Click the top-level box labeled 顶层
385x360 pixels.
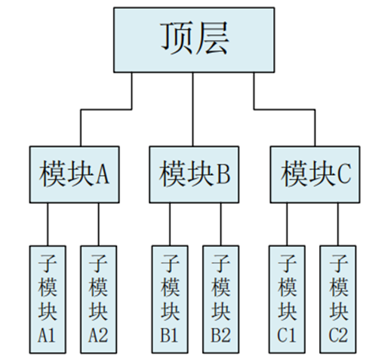point(194,40)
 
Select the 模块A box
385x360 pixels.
point(75,174)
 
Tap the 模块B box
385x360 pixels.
point(194,174)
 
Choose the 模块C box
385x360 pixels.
point(315,174)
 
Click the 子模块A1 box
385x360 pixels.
point(48,300)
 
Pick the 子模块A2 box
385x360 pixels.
point(99,300)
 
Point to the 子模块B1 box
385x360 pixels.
point(170,300)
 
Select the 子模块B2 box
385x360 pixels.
point(221,300)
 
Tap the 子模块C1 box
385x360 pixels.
point(287,300)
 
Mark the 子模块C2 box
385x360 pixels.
point(338,300)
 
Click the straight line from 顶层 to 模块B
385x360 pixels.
point(193,109)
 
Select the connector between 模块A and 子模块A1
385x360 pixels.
point(48,224)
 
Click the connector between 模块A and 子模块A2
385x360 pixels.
point(99,224)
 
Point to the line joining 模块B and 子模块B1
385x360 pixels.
point(170,224)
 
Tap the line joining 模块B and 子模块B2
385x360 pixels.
point(221,224)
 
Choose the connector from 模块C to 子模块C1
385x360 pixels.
point(287,224)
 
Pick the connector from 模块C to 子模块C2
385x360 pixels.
point(338,224)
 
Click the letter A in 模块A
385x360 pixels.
point(103,174)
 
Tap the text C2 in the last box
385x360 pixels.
point(338,335)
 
